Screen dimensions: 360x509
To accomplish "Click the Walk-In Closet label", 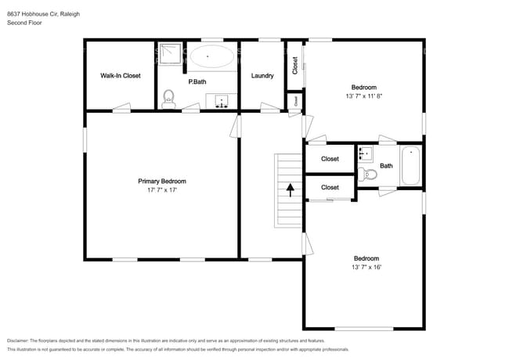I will pyautogui.click(x=120, y=76).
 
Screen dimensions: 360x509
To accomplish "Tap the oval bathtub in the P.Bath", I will pyautogui.click(x=211, y=56).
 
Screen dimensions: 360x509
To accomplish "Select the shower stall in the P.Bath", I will pyautogui.click(x=169, y=54).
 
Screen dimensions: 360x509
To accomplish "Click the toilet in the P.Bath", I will pyautogui.click(x=168, y=99).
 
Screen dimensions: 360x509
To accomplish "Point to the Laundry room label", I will pyautogui.click(x=262, y=76).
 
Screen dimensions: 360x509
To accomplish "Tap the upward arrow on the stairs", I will pyautogui.click(x=290, y=190).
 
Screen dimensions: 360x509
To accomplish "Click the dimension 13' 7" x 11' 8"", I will pyautogui.click(x=364, y=96).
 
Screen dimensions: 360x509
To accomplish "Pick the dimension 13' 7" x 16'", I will pyautogui.click(x=366, y=268).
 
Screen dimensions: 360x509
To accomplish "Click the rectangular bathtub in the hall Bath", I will pyautogui.click(x=411, y=166).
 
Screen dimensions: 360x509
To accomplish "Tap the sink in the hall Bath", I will pyautogui.click(x=365, y=153).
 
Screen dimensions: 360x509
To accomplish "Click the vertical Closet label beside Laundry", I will pyautogui.click(x=295, y=65).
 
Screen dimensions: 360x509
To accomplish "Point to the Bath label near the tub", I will pyautogui.click(x=387, y=166).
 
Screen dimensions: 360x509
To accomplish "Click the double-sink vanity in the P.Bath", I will pyautogui.click(x=222, y=101).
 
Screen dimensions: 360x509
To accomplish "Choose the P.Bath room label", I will pyautogui.click(x=197, y=81).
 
